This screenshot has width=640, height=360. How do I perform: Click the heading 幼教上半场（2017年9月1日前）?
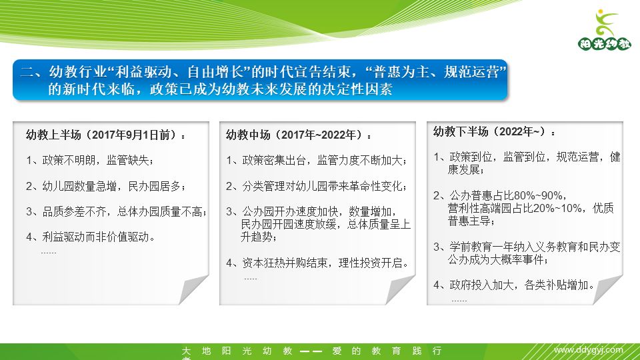click(106, 135)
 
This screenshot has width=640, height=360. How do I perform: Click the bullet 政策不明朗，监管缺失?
click(90, 160)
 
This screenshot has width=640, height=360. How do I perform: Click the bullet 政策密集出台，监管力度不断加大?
click(316, 160)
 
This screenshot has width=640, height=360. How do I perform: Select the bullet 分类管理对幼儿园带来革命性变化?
click(316, 185)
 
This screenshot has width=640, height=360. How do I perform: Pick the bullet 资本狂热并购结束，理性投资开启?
click(317, 262)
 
